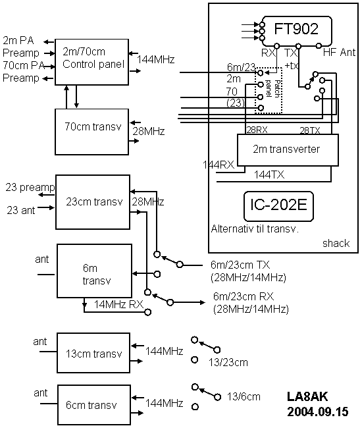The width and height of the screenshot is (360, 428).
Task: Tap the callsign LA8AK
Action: click(x=307, y=396)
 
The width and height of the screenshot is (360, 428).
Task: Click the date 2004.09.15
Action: click(x=318, y=412)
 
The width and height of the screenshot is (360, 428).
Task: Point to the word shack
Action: click(x=336, y=243)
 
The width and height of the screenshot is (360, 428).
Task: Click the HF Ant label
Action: click(x=340, y=52)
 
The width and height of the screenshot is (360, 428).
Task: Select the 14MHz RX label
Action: click(x=118, y=304)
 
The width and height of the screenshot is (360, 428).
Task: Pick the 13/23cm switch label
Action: click(x=228, y=363)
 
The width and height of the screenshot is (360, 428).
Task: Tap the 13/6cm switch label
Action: click(x=244, y=396)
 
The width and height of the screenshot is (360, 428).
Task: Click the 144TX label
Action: click(x=269, y=174)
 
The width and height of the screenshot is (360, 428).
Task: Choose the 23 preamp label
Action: click(x=30, y=188)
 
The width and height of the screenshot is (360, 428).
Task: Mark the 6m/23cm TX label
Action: click(x=240, y=265)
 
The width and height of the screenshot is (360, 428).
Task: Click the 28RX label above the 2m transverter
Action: click(x=257, y=130)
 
